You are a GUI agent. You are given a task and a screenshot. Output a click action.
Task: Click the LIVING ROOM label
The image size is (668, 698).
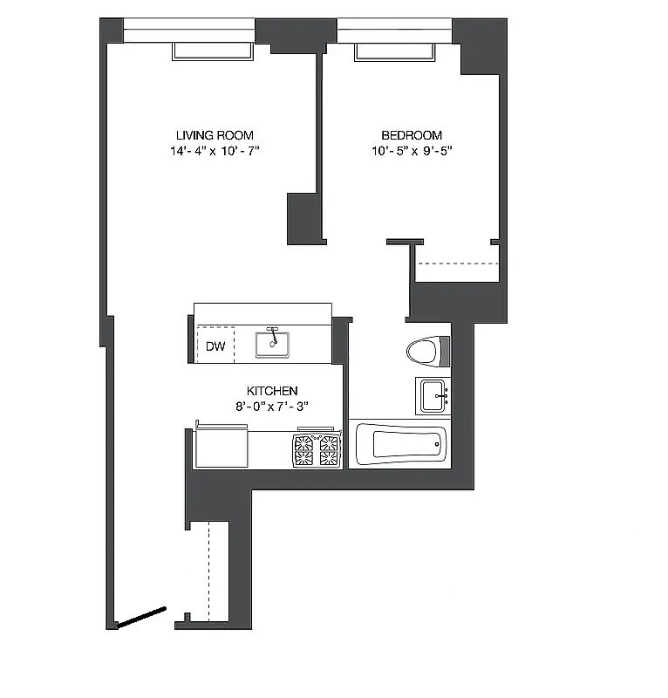[215, 135]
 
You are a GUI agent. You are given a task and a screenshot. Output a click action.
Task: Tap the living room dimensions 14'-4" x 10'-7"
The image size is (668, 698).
[215, 151]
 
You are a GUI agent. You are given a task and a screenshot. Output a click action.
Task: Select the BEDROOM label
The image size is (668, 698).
[412, 135]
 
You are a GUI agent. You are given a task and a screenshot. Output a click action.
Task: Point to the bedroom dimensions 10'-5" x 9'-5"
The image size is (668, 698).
[412, 151]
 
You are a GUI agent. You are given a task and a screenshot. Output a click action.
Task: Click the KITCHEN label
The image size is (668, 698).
[272, 391]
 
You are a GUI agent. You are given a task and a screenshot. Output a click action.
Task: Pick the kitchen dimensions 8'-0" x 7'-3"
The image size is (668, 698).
[272, 407]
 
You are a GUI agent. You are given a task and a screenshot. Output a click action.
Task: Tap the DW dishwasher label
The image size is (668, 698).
[215, 346]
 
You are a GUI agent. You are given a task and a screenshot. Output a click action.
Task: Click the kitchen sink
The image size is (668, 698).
[273, 343]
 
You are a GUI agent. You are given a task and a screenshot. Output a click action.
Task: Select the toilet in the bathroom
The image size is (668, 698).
[424, 352]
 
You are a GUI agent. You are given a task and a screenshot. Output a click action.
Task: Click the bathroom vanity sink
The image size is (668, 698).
[433, 396]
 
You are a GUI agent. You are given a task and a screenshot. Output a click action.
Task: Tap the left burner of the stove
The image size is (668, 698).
[303, 448]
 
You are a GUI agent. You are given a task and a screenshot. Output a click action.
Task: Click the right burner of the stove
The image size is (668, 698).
[329, 448]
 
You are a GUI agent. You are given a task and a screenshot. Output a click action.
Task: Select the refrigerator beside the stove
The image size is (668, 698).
[220, 446]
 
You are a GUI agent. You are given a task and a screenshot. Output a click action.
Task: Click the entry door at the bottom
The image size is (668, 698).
[142, 617]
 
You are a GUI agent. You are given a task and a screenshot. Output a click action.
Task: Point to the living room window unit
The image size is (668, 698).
[213, 51]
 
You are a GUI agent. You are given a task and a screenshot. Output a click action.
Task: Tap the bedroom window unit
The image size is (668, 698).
[395, 52]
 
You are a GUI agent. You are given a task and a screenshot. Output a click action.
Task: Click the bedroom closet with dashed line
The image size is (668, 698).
[458, 270]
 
